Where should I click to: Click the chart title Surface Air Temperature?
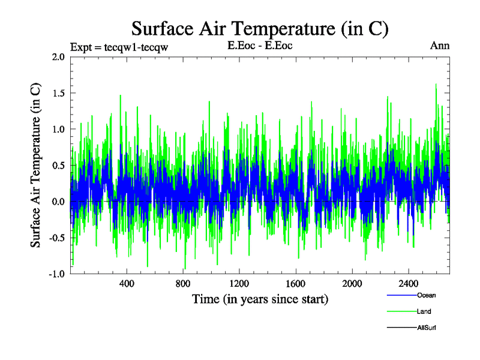pyautogui.click(x=260, y=28)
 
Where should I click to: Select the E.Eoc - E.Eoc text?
pyautogui.click(x=260, y=46)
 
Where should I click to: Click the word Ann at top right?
pyautogui.click(x=440, y=46)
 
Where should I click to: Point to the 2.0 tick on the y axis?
pyautogui.click(x=58, y=57)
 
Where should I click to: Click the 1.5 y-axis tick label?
pyautogui.click(x=58, y=93)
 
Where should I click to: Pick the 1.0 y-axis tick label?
pyautogui.click(x=58, y=129)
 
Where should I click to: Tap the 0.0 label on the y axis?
pyautogui.click(x=58, y=202)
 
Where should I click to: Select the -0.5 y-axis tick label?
pyautogui.click(x=56, y=238)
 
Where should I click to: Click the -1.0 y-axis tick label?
pyautogui.click(x=56, y=274)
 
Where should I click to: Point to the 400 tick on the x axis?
pyautogui.click(x=127, y=283)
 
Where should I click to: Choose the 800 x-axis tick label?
pyautogui.click(x=183, y=283)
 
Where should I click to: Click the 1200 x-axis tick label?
pyautogui.click(x=239, y=283)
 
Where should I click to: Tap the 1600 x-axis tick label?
pyautogui.click(x=296, y=283)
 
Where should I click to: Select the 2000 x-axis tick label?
pyautogui.click(x=352, y=283)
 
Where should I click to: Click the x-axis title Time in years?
pyautogui.click(x=260, y=299)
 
